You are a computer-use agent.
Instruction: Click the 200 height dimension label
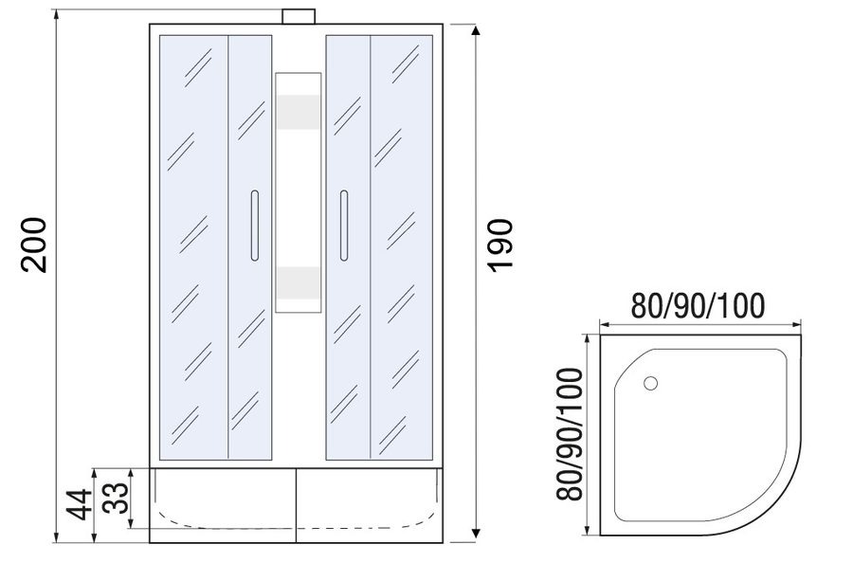34,245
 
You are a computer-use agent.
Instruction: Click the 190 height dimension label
499,245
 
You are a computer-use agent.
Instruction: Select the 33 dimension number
117,498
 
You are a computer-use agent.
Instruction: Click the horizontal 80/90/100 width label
698,306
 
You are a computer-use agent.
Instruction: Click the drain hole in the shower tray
650,384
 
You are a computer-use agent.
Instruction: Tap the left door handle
255,226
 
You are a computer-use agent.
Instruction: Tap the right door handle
343,226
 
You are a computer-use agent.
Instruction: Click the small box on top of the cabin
299,16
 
